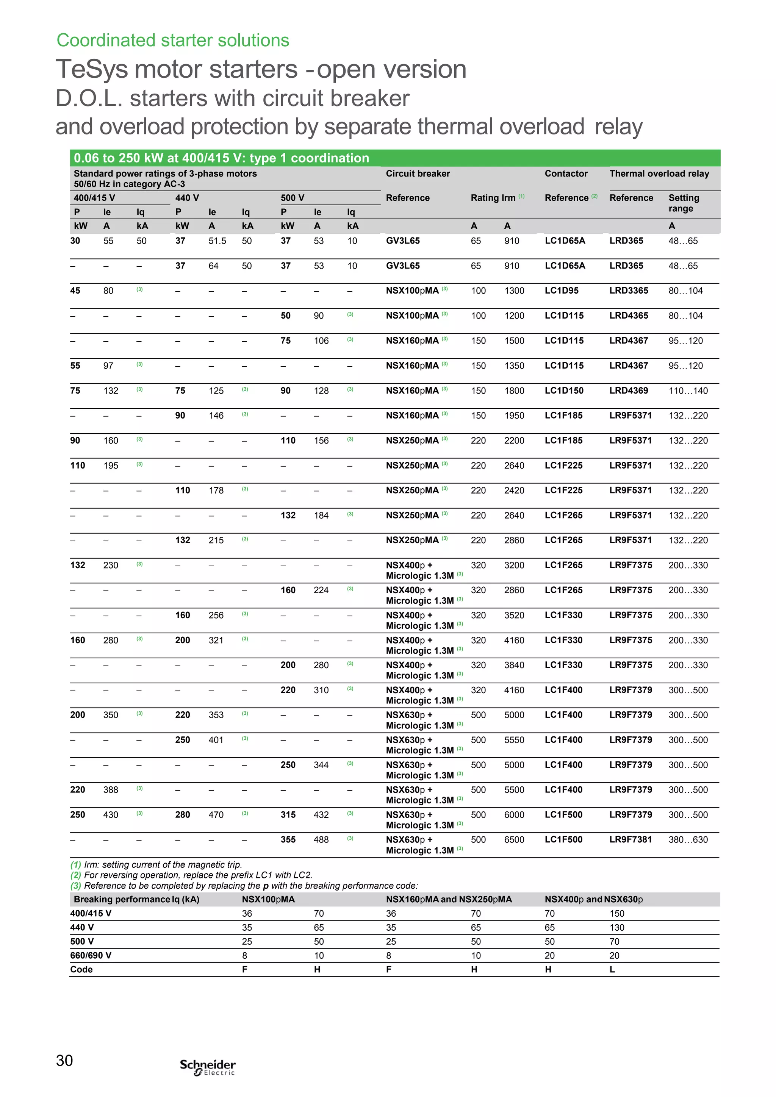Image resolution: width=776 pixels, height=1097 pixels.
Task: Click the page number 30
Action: click(x=64, y=1060)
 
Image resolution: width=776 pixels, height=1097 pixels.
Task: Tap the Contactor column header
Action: click(x=566, y=173)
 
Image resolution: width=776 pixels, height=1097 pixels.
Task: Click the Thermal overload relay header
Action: click(x=659, y=173)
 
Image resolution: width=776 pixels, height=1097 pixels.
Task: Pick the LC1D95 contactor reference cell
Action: click(x=562, y=291)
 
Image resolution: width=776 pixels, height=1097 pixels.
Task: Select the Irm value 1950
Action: click(x=514, y=416)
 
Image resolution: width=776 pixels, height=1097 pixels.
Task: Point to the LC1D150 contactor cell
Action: click(x=564, y=391)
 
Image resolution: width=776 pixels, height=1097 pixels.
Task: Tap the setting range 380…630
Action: click(x=688, y=839)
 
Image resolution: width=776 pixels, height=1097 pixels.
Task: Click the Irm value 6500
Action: click(x=514, y=839)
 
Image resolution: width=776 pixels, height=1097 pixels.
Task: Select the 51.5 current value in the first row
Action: click(x=217, y=241)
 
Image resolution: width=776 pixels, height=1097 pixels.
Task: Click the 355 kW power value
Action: click(x=288, y=839)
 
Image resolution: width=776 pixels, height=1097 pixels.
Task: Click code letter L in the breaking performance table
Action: click(x=612, y=969)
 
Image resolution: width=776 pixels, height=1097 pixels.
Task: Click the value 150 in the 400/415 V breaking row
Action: click(x=616, y=914)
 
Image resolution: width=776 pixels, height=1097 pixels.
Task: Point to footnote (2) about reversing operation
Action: click(x=191, y=875)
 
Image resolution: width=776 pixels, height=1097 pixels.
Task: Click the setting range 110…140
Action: click(x=688, y=391)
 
